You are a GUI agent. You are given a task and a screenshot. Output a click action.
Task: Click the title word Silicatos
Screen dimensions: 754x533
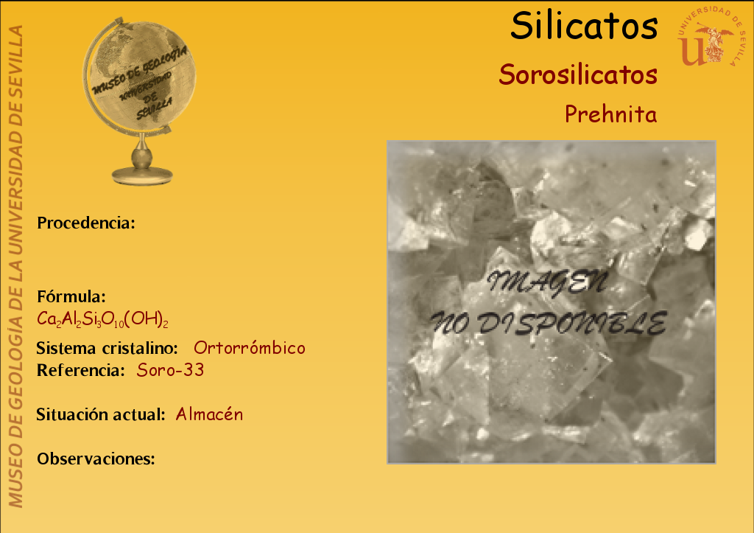click(x=584, y=26)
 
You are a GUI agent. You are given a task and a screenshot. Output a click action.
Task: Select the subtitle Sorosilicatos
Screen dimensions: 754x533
click(x=578, y=74)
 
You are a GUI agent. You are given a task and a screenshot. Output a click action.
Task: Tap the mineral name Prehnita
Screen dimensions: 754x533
click(x=610, y=114)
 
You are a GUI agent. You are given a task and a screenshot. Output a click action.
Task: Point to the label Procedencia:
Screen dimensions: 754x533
click(x=86, y=223)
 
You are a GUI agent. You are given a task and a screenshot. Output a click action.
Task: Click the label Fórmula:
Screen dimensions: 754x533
click(x=71, y=296)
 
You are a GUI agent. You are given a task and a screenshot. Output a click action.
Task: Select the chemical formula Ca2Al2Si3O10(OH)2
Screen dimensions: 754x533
click(x=102, y=319)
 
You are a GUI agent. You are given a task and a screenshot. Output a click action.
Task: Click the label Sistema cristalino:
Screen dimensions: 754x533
click(x=108, y=348)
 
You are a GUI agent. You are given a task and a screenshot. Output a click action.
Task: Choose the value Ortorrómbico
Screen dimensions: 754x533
click(x=249, y=348)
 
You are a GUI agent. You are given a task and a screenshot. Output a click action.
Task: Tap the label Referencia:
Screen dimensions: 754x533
click(x=81, y=370)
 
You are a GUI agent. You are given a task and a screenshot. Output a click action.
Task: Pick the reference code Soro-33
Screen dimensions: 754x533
click(x=170, y=370)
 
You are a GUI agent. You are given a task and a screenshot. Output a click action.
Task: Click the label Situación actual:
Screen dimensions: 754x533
click(x=101, y=414)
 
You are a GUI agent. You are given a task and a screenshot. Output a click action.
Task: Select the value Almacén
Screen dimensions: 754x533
click(x=209, y=414)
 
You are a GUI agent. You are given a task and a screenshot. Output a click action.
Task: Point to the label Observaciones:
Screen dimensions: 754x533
click(x=96, y=459)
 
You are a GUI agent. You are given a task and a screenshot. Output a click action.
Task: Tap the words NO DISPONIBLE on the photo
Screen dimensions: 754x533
click(x=549, y=323)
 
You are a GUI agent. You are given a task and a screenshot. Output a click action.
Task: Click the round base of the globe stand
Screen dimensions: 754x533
click(x=142, y=175)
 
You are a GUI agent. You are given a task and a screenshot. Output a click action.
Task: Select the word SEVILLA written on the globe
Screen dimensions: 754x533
click(x=154, y=109)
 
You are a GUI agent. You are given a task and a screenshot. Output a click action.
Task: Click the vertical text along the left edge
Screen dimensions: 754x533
click(x=15, y=266)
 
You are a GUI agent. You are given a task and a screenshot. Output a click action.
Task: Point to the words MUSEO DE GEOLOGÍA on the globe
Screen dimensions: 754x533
click(x=139, y=69)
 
